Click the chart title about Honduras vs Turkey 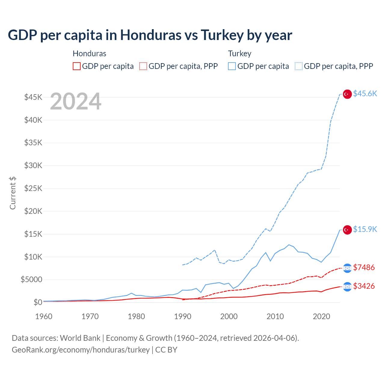pos(150,35)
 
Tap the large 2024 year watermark pos(75,101)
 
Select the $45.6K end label pos(365,94)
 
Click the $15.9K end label pos(365,229)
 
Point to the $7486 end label pos(364,267)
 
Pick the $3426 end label pos(364,286)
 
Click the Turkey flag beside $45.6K pos(347,94)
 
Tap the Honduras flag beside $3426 pos(347,287)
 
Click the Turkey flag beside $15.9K pos(347,230)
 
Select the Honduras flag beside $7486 pos(347,268)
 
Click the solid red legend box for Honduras pos(77,66)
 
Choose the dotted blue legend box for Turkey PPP pos(299,66)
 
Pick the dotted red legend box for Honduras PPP pos(143,66)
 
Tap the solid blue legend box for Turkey pos(232,66)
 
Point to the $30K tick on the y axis pos(33,165)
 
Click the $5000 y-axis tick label pos(31,279)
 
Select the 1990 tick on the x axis pos(183,316)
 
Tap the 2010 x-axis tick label pos(275,316)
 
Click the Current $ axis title pos(13,193)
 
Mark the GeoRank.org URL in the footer pos(81,350)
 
